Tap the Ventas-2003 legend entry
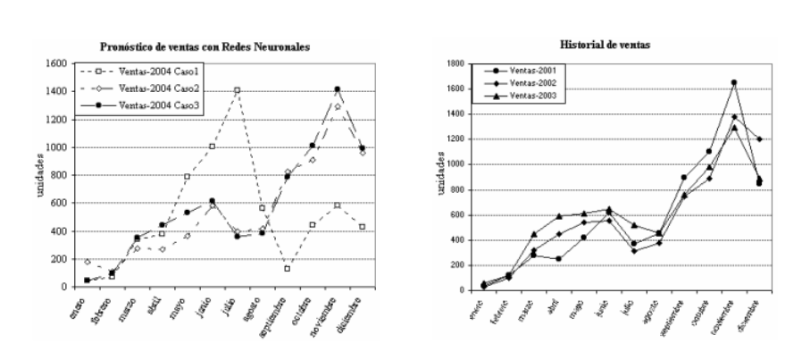pyautogui.click(x=519, y=95)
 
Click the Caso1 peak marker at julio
pyautogui.click(x=237, y=90)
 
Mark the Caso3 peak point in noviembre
pyautogui.click(x=337, y=89)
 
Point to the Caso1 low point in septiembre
pyautogui.click(x=288, y=268)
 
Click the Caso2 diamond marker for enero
pyautogui.click(x=62, y=262)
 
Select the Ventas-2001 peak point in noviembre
pyautogui.click(x=734, y=83)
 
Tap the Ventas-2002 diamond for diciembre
pyautogui.click(x=759, y=139)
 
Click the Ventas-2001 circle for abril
pyautogui.click(x=559, y=259)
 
